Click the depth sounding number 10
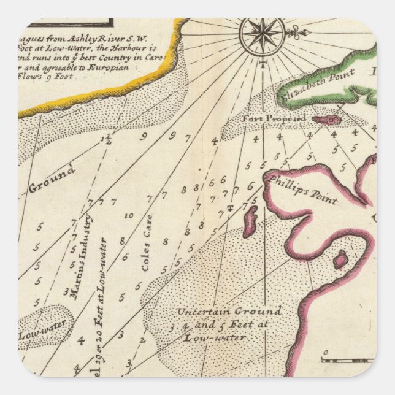pyautogui.click(x=129, y=216)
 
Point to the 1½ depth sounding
pyautogui.click(x=109, y=140)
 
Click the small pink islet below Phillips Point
pyautogui.click(x=250, y=221)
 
